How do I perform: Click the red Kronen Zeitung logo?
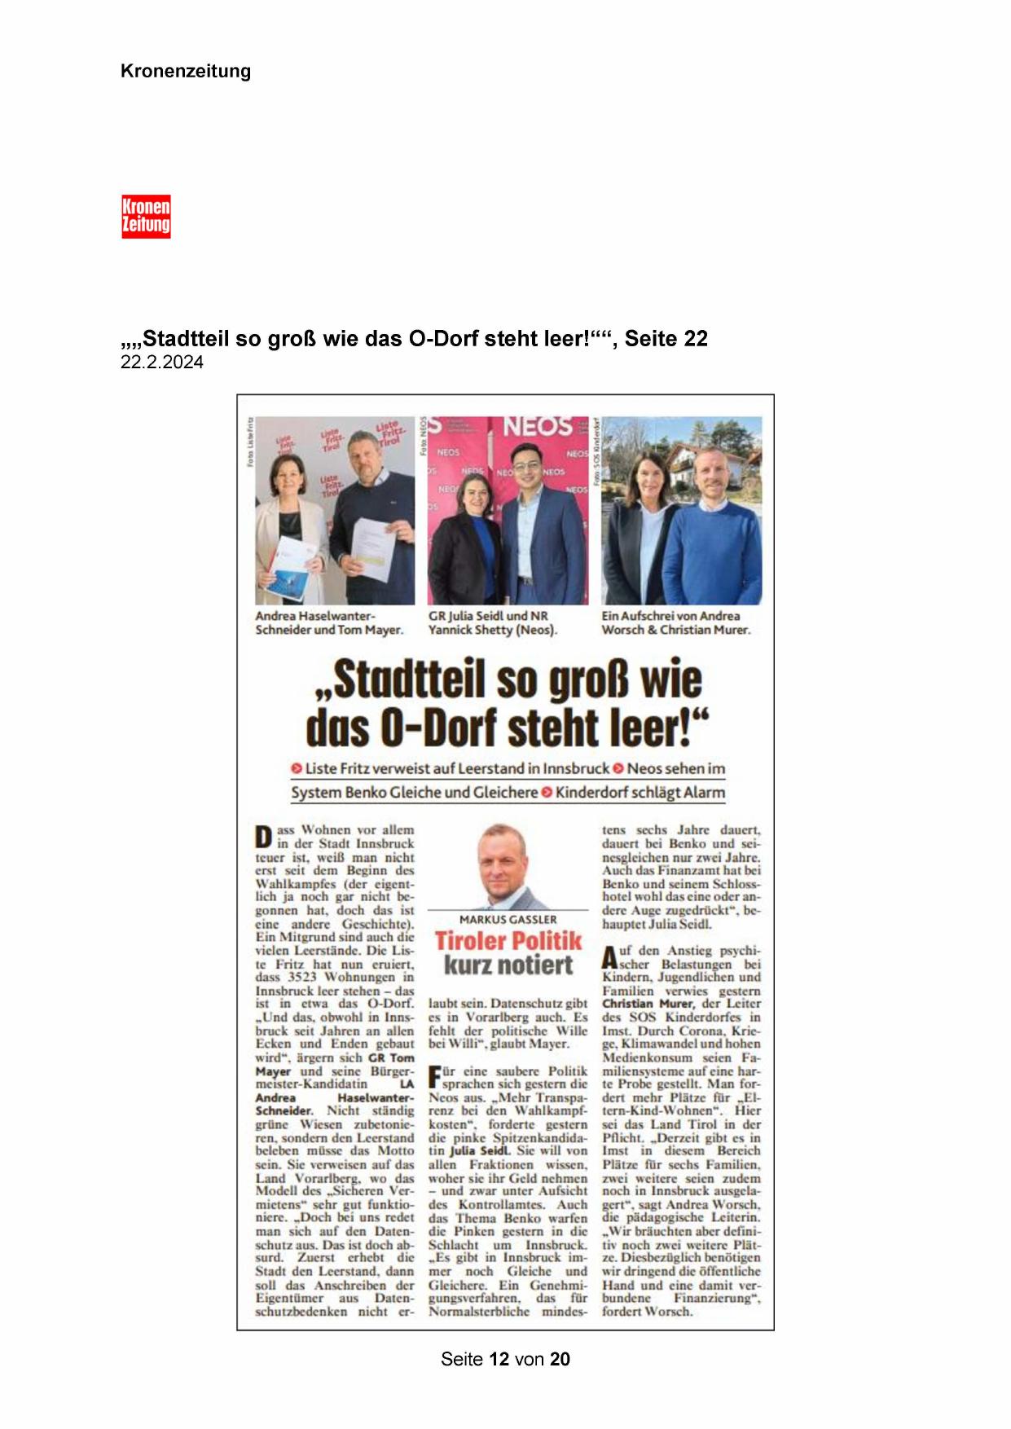pos(146,217)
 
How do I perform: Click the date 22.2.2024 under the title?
pos(161,363)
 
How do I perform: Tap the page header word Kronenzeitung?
pos(186,71)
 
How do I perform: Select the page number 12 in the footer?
pos(499,1359)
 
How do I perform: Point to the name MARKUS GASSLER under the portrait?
pos(508,919)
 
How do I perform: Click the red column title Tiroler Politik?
pos(508,941)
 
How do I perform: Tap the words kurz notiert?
pos(508,965)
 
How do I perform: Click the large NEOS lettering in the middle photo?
pos(537,426)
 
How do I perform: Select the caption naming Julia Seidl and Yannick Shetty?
pos(493,623)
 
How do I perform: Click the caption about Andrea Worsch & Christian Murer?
pos(675,623)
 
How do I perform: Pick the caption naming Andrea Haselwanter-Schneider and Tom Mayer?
pos(328,623)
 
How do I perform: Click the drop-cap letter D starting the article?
pos(263,837)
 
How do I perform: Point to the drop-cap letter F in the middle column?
pos(434,1077)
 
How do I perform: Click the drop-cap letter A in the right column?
pos(609,957)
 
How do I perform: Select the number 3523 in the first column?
pos(299,977)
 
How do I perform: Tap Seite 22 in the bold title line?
pos(666,339)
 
